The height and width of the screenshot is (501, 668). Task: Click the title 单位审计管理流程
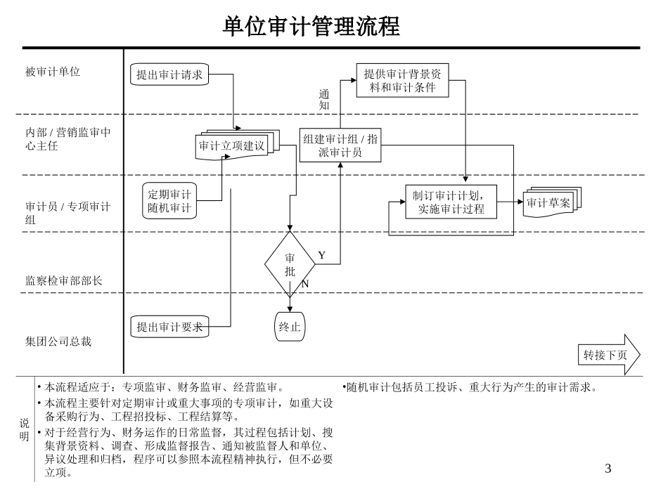click(x=311, y=27)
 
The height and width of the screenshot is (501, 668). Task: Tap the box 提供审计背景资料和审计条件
click(x=404, y=80)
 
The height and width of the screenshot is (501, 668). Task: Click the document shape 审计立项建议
click(x=231, y=146)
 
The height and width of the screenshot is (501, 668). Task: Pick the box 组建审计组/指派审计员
click(x=340, y=145)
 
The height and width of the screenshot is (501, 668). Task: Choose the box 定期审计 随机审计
click(x=169, y=201)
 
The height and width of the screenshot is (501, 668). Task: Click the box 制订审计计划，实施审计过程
click(x=451, y=202)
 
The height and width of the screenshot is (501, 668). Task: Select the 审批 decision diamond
click(x=290, y=264)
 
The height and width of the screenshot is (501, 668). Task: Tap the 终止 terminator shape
click(x=290, y=326)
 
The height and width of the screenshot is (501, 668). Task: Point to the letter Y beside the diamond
click(x=321, y=255)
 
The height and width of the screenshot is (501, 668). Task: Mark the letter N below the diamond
click(x=305, y=284)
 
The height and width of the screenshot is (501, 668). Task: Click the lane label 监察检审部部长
click(x=64, y=280)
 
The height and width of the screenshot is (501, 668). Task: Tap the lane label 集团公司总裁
click(x=58, y=341)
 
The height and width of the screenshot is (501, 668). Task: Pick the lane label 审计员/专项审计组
click(x=68, y=213)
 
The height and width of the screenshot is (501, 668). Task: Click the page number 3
click(x=608, y=469)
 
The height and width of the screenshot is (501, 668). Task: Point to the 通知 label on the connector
click(x=323, y=99)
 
